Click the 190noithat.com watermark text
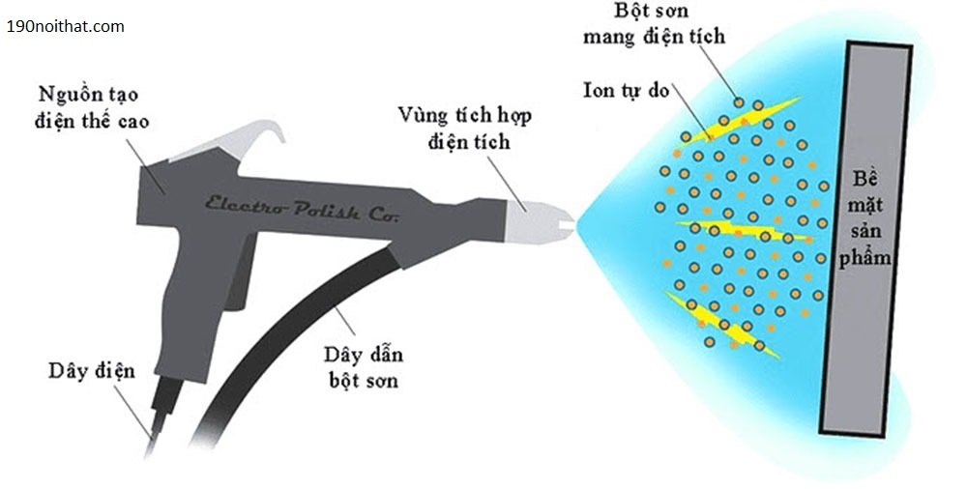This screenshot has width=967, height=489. coord(66,27)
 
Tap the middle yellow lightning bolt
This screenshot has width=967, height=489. coord(735,231)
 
